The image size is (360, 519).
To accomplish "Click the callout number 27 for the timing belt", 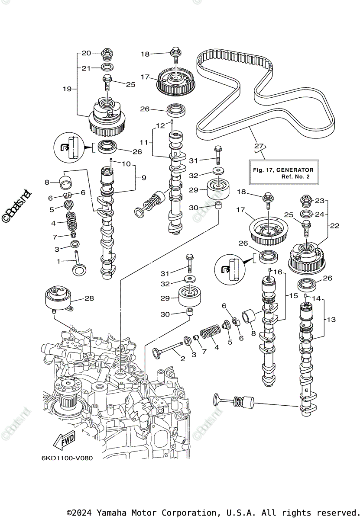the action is pos(259,146).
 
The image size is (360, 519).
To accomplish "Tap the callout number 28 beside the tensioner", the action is pos(89,298).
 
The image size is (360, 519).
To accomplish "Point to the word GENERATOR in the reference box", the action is pos(295,170).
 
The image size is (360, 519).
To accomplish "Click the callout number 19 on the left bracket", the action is pos(67,89).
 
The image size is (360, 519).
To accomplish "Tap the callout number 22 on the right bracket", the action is pos(334,226).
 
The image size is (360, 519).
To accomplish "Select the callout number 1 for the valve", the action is pos(58,261).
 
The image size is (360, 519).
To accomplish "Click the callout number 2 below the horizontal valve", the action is pos(183,359).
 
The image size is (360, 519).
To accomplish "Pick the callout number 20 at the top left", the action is pos(86,53).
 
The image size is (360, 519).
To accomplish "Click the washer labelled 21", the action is pos(107,67).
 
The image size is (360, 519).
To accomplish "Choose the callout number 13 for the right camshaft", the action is pos(331,320).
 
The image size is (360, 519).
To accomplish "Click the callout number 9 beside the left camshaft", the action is pos(144,178).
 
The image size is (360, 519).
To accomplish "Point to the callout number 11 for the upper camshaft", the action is pos(144,142).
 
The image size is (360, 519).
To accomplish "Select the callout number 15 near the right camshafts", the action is pos(293,296).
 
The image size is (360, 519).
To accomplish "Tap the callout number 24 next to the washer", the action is pos(319,215).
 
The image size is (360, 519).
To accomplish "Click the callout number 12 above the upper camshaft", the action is pos(161,125).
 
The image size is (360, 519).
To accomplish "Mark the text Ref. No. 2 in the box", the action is pos(295,176).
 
